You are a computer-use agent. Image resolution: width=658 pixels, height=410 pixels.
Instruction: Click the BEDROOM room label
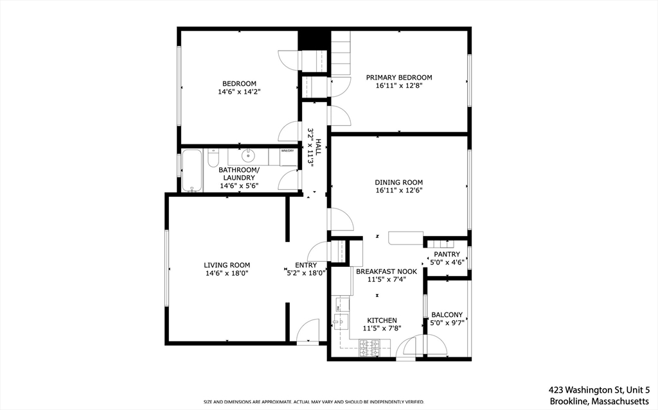point(239,83)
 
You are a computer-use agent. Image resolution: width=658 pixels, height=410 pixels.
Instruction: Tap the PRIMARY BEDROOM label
point(399,78)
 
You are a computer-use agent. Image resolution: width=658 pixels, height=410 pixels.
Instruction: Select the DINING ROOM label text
point(399,182)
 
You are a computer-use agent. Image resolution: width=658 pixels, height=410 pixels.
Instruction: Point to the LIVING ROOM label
point(227,265)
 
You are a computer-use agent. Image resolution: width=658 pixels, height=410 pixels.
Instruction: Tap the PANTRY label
point(447,254)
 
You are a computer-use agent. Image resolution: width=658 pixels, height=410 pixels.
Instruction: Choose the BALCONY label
point(447,314)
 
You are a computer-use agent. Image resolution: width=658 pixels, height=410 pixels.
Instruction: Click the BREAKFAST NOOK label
point(386,271)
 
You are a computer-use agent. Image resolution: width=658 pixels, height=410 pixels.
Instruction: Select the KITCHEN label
point(382,320)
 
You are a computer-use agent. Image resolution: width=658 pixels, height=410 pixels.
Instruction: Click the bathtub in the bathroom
point(192,171)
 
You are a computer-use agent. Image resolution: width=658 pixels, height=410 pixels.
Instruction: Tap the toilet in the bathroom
point(214,157)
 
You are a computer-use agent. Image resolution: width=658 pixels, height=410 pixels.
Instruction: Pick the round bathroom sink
point(248,156)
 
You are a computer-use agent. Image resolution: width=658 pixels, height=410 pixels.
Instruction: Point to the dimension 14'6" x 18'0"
point(227,273)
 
